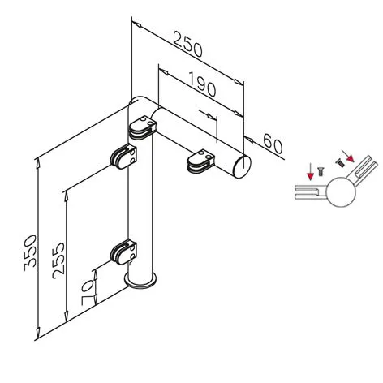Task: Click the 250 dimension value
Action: pyautogui.click(x=187, y=45)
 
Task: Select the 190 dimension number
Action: pyautogui.click(x=202, y=84)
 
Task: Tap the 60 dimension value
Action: pyautogui.click(x=273, y=144)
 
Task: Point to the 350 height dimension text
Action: pyautogui.click(x=30, y=253)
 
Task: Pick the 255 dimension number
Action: pyautogui.click(x=58, y=260)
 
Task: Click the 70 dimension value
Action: pyautogui.click(x=88, y=293)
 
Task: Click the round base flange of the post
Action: pyautogui.click(x=140, y=281)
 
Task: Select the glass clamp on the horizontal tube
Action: pyautogui.click(x=201, y=162)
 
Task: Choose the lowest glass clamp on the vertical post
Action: pyautogui.click(x=123, y=252)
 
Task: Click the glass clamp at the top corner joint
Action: pyautogui.click(x=143, y=127)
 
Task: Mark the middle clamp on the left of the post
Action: pyautogui.click(x=123, y=157)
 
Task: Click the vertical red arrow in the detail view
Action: pyautogui.click(x=310, y=172)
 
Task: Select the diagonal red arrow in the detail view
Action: pyautogui.click(x=347, y=156)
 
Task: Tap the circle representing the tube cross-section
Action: pyautogui.click(x=341, y=191)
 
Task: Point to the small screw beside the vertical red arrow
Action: pyautogui.click(x=321, y=172)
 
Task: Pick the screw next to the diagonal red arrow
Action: pyautogui.click(x=340, y=163)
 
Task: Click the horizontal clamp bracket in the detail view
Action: pyautogui.click(x=311, y=192)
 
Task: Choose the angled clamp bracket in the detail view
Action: pyautogui.click(x=364, y=170)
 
